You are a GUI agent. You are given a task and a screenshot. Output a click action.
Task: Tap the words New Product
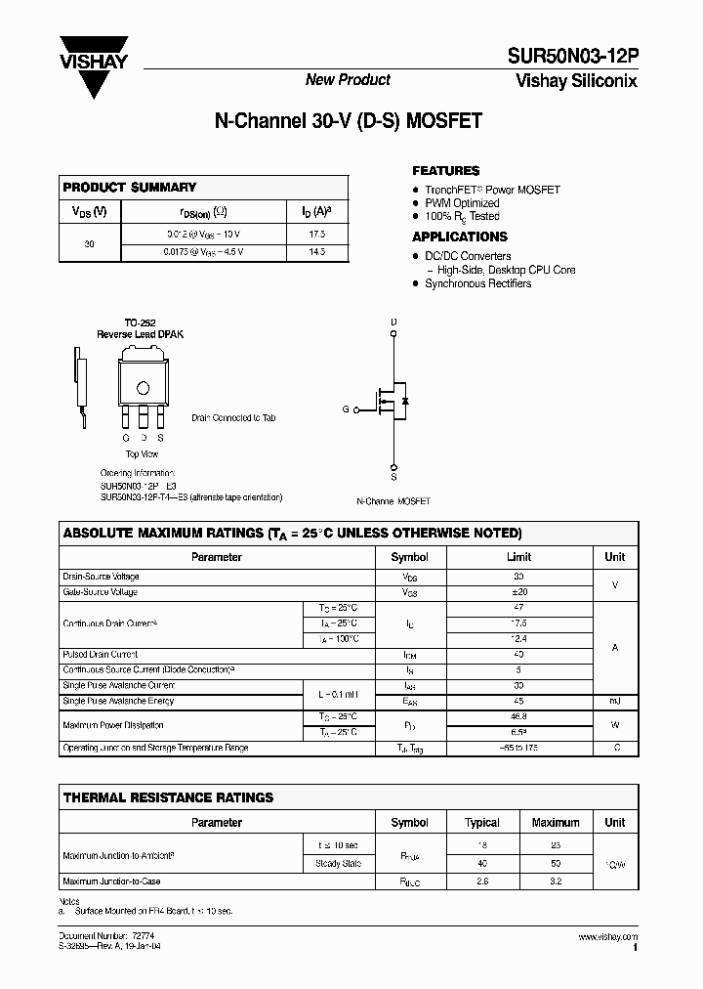pyautogui.click(x=348, y=80)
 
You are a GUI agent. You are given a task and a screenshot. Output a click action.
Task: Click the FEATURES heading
pyautogui.click(x=445, y=170)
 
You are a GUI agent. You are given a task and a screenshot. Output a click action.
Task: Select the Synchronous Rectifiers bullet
pyautogui.click(x=477, y=283)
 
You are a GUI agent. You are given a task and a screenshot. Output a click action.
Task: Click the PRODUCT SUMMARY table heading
pyautogui.click(x=130, y=187)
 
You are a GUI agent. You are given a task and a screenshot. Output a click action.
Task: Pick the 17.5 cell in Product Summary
pyautogui.click(x=316, y=235)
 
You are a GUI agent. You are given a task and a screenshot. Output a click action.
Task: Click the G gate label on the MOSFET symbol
pyautogui.click(x=346, y=410)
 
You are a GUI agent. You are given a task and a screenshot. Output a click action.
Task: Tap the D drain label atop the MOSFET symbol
pyautogui.click(x=393, y=322)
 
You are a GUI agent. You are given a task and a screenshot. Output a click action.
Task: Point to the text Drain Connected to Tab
pyautogui.click(x=233, y=417)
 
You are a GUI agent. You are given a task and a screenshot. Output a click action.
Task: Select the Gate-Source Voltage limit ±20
pyautogui.click(x=518, y=592)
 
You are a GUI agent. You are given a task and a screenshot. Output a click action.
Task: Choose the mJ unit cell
pyautogui.click(x=614, y=701)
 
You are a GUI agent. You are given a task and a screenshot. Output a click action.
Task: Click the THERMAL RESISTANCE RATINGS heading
pyautogui.click(x=168, y=797)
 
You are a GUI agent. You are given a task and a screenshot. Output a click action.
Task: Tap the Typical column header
pyautogui.click(x=481, y=823)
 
